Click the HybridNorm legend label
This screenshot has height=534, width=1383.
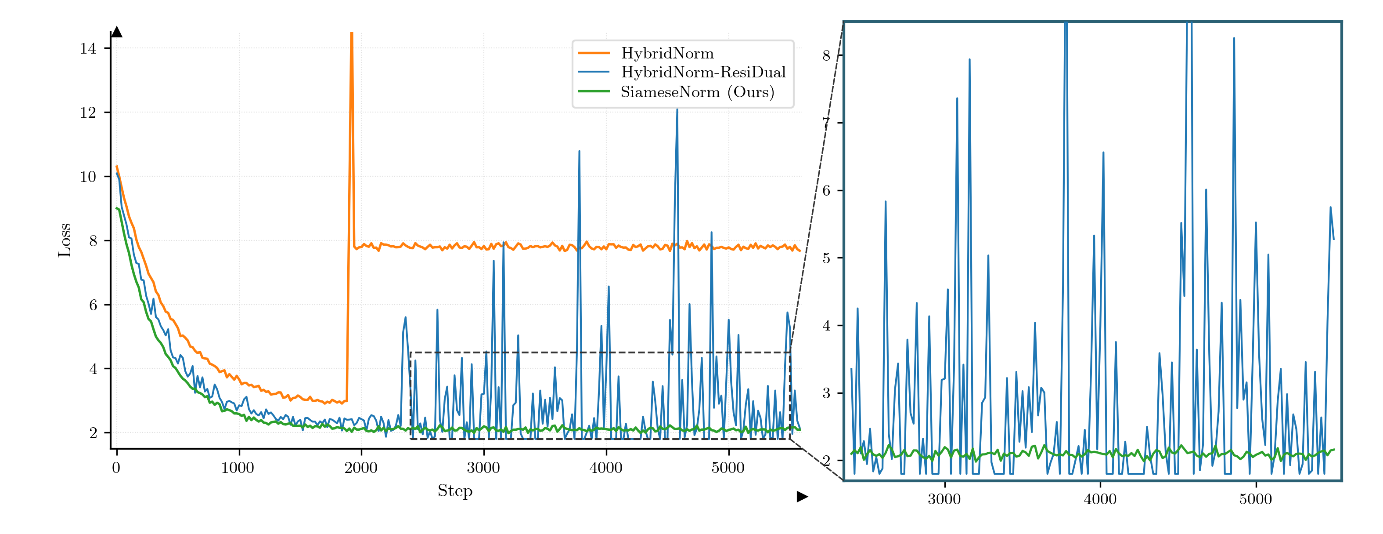click(x=667, y=53)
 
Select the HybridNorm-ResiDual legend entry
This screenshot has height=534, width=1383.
click(x=703, y=72)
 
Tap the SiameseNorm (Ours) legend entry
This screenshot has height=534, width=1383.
click(x=697, y=92)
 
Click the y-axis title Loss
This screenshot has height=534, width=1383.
click(x=65, y=240)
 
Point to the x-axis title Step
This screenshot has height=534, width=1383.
click(x=455, y=490)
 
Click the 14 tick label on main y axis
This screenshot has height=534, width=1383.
click(x=88, y=48)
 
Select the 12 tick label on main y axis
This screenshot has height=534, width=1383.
click(x=88, y=112)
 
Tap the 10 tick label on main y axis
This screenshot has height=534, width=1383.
click(x=88, y=177)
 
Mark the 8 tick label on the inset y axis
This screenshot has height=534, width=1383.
click(x=826, y=55)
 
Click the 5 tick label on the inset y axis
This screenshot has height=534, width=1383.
click(x=826, y=258)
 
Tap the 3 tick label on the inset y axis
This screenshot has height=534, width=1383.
click(x=826, y=393)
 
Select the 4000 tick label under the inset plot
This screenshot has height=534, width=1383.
click(x=1100, y=499)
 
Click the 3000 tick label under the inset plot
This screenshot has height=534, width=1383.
click(x=944, y=499)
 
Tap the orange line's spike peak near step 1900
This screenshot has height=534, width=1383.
click(x=352, y=33)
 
